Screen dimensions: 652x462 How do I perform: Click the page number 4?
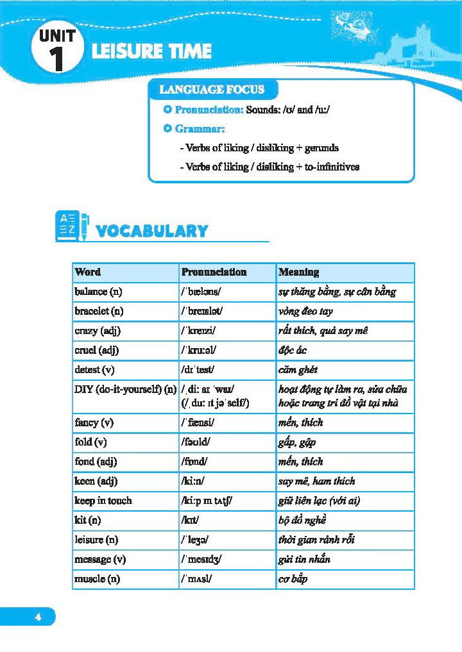38,617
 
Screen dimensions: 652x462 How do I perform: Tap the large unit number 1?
57,59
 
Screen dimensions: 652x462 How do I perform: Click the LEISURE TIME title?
151,51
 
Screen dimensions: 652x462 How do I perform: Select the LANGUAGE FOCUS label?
211,90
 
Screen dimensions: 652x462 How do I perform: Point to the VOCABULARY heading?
151,231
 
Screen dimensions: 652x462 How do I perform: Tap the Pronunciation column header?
214,272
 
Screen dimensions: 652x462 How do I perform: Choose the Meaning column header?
298,272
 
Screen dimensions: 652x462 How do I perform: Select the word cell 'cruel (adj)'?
97,350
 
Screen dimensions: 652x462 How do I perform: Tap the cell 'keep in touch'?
103,500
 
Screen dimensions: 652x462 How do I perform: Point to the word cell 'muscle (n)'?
98,579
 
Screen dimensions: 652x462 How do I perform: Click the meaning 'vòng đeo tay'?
305,311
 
